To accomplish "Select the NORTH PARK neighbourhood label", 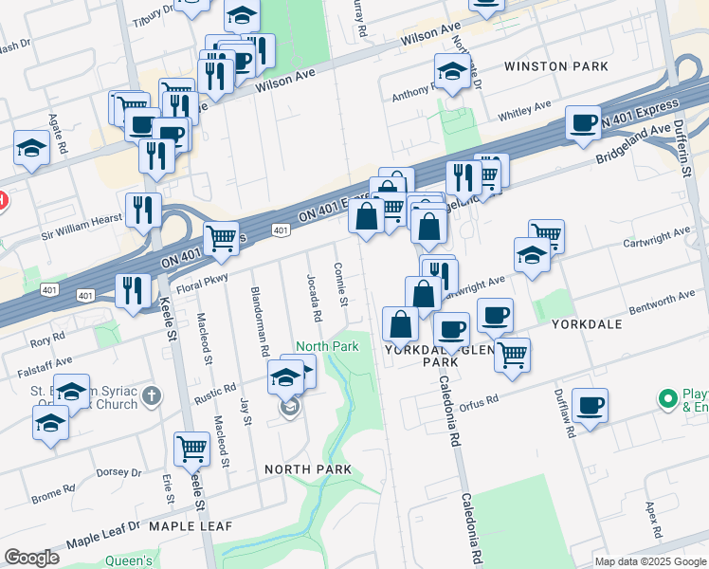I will coord(308,469).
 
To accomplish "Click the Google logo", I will coord(31,558).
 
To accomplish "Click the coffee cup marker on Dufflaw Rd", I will coord(590,405).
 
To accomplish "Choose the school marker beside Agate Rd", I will coord(32,148).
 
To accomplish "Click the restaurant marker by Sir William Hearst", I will coord(143,210).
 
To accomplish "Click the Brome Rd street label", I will coord(47,496).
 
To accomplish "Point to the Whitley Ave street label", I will coord(524,112).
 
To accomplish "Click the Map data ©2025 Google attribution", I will coord(650,560).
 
